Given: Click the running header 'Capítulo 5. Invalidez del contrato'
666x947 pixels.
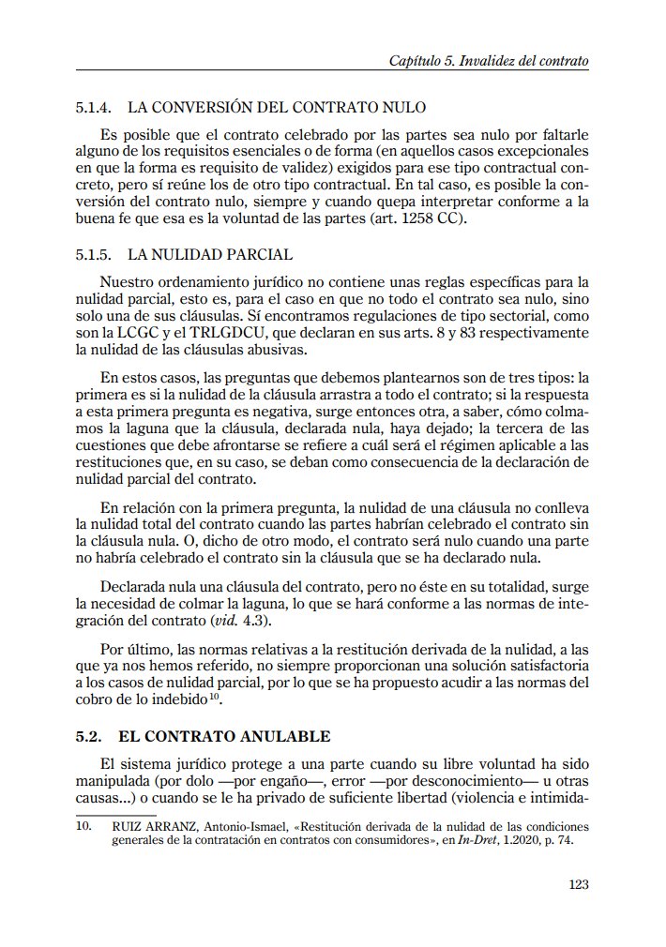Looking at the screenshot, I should pyautogui.click(x=488, y=61).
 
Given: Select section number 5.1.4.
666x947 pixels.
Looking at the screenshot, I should pyautogui.click(x=94, y=108).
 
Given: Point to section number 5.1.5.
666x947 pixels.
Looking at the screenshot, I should pyautogui.click(x=94, y=254).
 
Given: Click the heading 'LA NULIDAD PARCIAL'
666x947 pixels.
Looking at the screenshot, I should pyautogui.click(x=210, y=254).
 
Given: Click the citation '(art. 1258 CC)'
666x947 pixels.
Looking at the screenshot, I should pyautogui.click(x=433, y=219).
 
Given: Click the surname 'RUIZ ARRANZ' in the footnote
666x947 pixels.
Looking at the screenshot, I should pyautogui.click(x=152, y=827).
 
